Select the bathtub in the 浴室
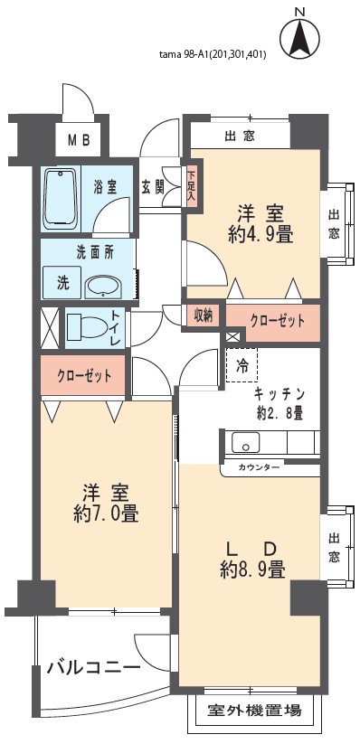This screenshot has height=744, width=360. pyautogui.click(x=61, y=199)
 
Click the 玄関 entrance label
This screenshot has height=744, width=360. pyautogui.click(x=153, y=188)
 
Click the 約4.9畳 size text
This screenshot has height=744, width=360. pyautogui.click(x=260, y=235)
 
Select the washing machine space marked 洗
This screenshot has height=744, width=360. pyautogui.click(x=62, y=283)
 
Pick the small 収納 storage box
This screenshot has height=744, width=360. pyautogui.click(x=204, y=315)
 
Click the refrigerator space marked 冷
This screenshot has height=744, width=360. pyautogui.click(x=242, y=365)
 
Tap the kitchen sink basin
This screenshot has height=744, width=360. pyautogui.click(x=245, y=443)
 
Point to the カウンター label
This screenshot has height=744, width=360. pyautogui.click(x=259, y=466)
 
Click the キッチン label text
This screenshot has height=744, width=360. pyautogui.click(x=279, y=394)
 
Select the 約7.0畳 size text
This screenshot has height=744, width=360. pyautogui.click(x=106, y=513)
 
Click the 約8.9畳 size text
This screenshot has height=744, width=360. pyautogui.click(x=252, y=569)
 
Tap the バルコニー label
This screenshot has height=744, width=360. pyautogui.click(x=93, y=668)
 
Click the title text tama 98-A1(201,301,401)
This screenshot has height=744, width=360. pyautogui.click(x=213, y=55)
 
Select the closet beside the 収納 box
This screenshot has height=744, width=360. pyautogui.click(x=272, y=323)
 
